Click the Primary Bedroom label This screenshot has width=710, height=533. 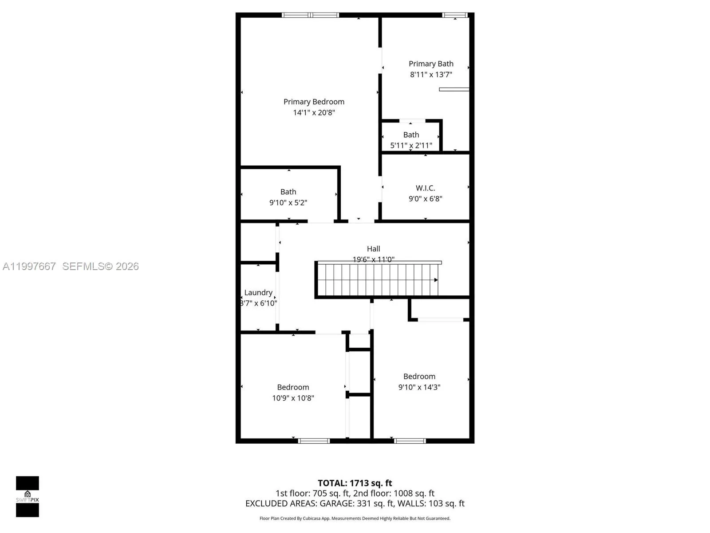[x=314, y=102]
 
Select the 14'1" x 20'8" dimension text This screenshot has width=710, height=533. [x=314, y=112]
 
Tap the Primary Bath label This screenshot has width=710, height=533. [x=431, y=64]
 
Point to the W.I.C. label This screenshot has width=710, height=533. [x=425, y=188]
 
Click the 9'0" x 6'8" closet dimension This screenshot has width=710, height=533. [x=425, y=199]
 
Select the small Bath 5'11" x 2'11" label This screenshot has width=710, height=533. [x=411, y=140]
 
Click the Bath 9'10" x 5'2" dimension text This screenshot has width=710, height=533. [x=288, y=203]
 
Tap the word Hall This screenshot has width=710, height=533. [x=373, y=249]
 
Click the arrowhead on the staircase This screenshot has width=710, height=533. [x=436, y=280]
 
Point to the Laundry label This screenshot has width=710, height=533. [x=258, y=292]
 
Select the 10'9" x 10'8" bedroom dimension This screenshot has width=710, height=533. [x=293, y=398]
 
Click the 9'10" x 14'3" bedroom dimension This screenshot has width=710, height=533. [x=419, y=387]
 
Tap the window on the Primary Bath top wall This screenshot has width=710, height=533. [x=455, y=15]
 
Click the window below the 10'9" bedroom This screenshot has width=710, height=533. [x=314, y=441]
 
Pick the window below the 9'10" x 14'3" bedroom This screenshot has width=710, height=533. [x=410, y=441]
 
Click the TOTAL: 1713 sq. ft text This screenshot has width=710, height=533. [x=355, y=483]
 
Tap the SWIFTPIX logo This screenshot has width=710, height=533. [x=28, y=496]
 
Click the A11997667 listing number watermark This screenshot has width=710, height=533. [x=29, y=266]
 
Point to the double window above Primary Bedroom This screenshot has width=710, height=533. [x=310, y=15]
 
